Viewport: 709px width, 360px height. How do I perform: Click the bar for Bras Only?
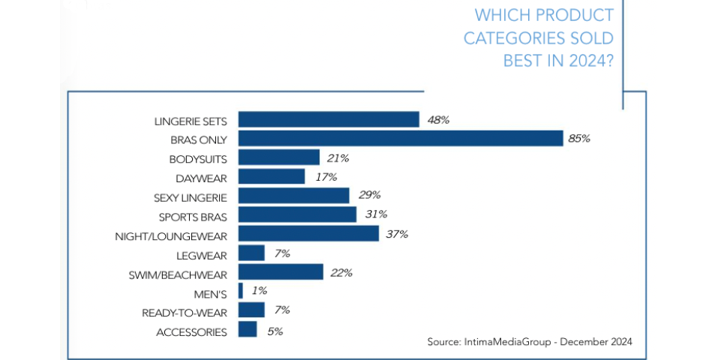click(x=400, y=139)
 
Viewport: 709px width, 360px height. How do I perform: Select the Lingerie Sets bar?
click(x=328, y=119)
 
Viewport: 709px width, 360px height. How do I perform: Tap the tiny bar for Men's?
click(x=240, y=291)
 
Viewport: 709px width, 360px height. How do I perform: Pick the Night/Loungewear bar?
click(x=308, y=234)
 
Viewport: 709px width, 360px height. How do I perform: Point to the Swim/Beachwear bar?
click(x=280, y=271)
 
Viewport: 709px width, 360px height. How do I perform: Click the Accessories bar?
click(x=247, y=329)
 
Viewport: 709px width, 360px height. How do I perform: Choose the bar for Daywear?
click(x=271, y=177)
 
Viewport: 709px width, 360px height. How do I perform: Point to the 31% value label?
click(x=375, y=214)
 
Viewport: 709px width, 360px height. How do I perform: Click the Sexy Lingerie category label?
click(x=190, y=196)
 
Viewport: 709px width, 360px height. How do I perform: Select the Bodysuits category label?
click(x=198, y=158)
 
